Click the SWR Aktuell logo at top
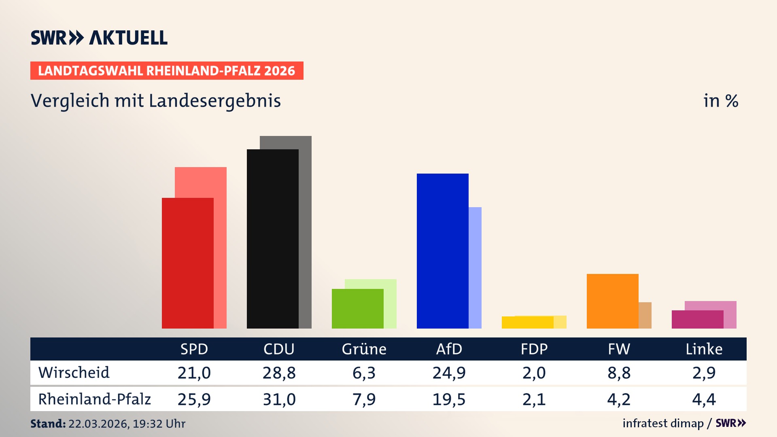[x=99, y=38]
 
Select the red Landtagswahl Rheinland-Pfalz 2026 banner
[x=167, y=71]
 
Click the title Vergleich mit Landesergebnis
[x=155, y=101]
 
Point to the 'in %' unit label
[x=720, y=101]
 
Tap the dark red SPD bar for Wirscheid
[x=187, y=263]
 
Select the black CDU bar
[x=272, y=239]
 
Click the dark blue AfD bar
[x=442, y=251]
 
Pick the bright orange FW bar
[x=612, y=301]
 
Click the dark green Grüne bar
[x=357, y=308]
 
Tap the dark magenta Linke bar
[x=697, y=319]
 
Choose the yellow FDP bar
[x=527, y=322]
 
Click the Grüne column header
[x=364, y=349]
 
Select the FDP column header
[x=534, y=349]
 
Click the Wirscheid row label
[x=74, y=373]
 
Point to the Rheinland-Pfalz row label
[x=94, y=399]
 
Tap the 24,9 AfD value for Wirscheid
[x=449, y=373]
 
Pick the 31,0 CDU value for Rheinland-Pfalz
[x=279, y=399]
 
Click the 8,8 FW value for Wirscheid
[x=619, y=373]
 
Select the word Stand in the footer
[x=47, y=424]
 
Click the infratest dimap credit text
[x=663, y=423]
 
